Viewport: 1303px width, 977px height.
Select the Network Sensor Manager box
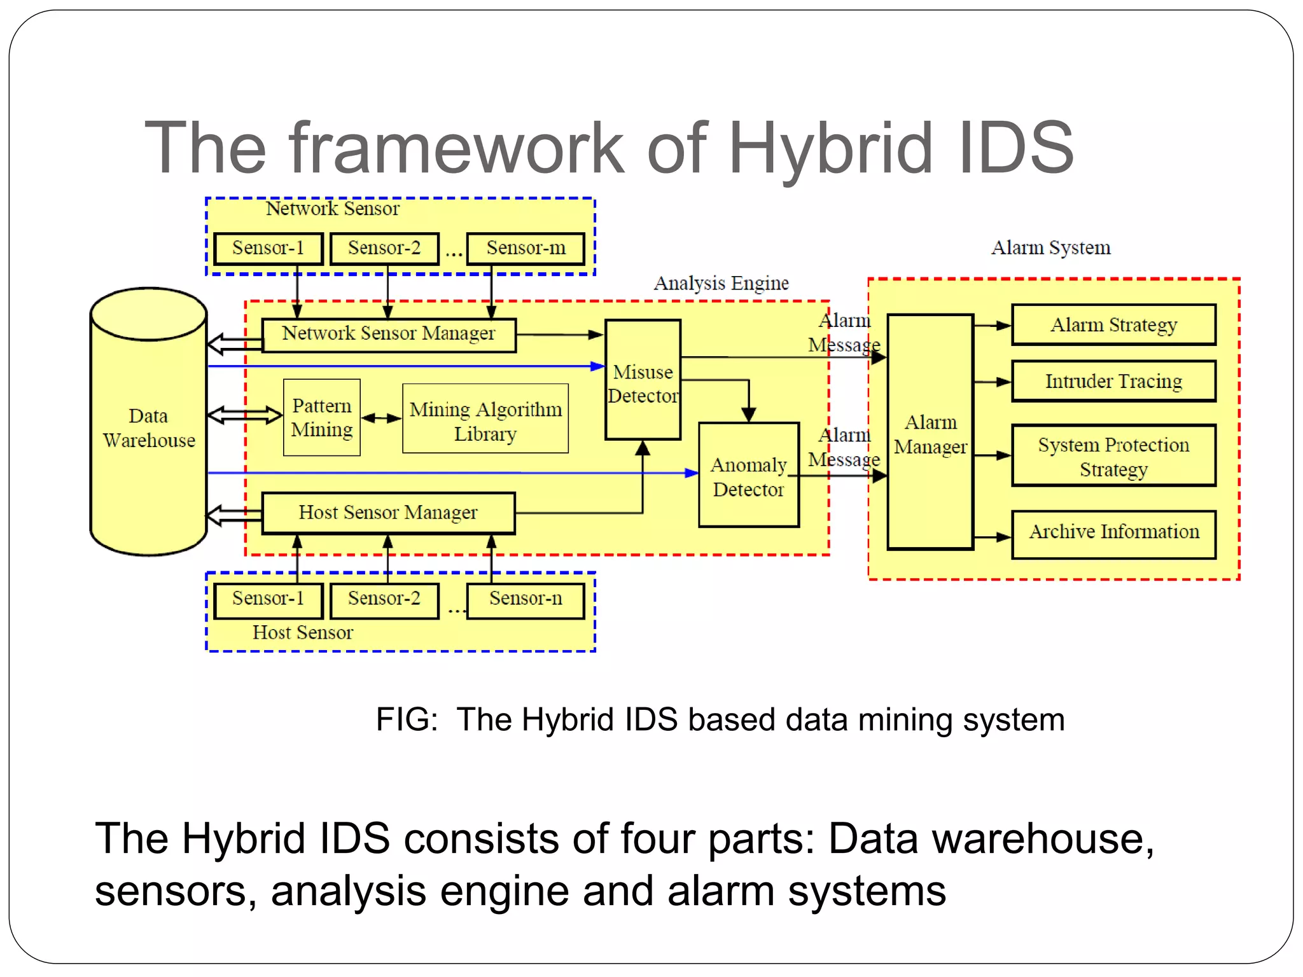(389, 334)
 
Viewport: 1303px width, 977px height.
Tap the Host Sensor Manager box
(388, 513)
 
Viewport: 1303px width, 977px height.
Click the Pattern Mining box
(322, 418)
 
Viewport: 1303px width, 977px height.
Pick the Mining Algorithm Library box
(485, 420)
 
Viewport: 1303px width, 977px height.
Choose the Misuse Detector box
(643, 382)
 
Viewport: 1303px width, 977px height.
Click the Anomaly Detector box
(749, 476)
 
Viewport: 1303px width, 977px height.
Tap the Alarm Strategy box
(1113, 325)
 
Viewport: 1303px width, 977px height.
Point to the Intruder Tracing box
(1113, 381)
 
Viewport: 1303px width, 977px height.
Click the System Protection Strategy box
(1113, 456)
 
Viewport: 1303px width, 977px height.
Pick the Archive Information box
(1113, 533)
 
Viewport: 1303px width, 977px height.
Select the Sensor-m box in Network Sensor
(526, 248)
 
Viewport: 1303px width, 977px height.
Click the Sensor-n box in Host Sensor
(526, 599)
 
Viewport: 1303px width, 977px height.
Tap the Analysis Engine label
(721, 283)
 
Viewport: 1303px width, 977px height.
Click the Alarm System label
(1050, 247)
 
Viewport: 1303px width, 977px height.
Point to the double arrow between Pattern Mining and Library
(381, 419)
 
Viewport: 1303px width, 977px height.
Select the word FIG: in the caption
(407, 720)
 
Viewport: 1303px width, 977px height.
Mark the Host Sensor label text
(303, 633)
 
